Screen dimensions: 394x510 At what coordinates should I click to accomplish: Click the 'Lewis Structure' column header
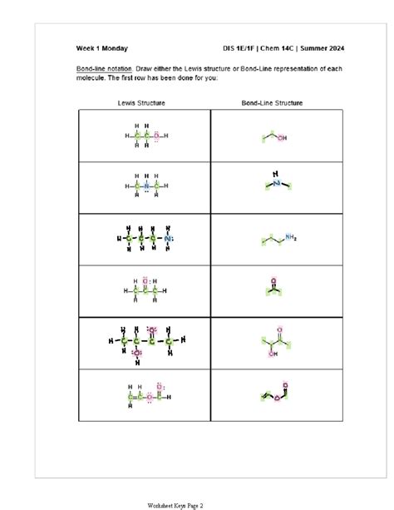point(141,103)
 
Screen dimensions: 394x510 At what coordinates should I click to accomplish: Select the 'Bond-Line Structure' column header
point(271,103)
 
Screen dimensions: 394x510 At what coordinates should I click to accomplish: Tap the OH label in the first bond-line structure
point(282,138)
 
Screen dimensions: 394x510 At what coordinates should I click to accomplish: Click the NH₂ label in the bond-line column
point(290,236)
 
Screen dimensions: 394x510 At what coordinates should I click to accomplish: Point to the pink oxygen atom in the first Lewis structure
point(155,136)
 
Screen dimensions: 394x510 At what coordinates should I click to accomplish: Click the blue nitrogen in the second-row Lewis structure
point(146,187)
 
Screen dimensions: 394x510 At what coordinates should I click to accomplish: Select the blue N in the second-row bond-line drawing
point(276,182)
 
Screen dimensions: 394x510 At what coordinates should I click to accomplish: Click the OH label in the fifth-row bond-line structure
point(271,352)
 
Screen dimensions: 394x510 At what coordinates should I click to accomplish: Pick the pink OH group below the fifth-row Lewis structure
point(137,354)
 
